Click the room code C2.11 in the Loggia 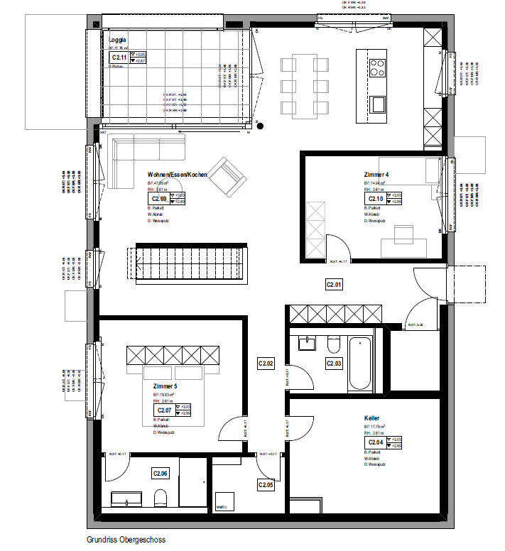pos(119,58)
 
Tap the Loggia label pos(117,40)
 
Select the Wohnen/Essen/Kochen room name pos(178,175)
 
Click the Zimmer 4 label pos(376,175)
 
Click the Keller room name pos(371,419)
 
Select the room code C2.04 pos(374,442)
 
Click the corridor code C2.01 pos(334,285)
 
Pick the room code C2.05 pos(266,484)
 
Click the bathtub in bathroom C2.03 pos(360,364)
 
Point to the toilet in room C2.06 pos(161,497)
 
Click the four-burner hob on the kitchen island pos(376,67)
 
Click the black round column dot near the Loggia pos(261,126)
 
